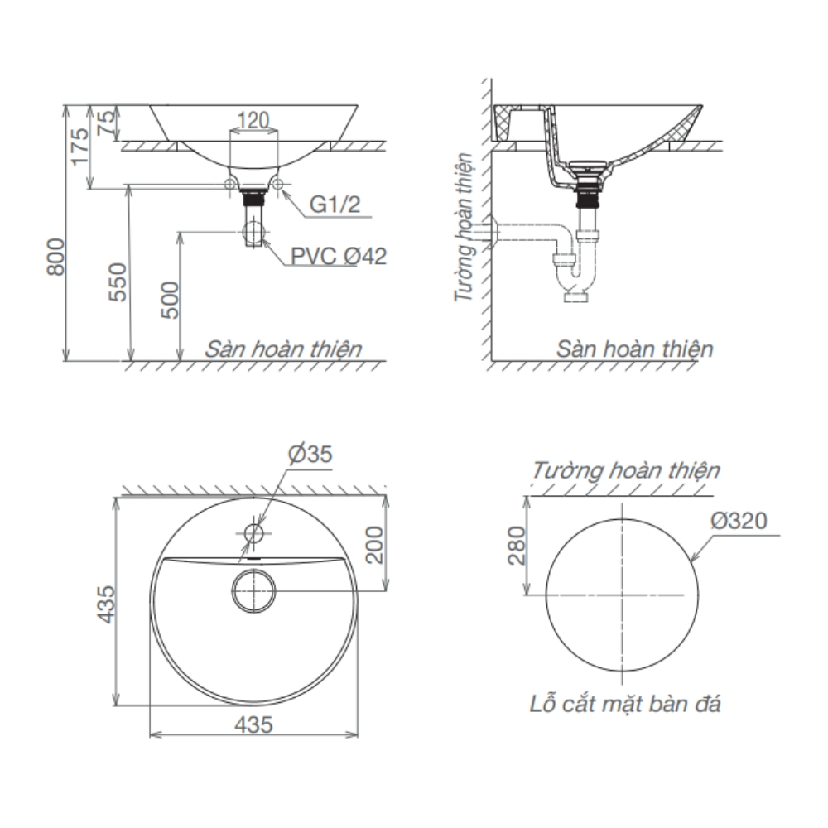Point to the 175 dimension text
click(x=79, y=146)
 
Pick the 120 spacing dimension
click(x=253, y=121)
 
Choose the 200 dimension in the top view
click(x=375, y=543)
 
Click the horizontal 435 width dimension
click(x=253, y=724)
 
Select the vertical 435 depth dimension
click(x=103, y=603)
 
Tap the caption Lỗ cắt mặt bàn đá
click(x=625, y=705)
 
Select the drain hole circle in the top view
click(x=253, y=590)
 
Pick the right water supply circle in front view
click(x=277, y=184)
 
